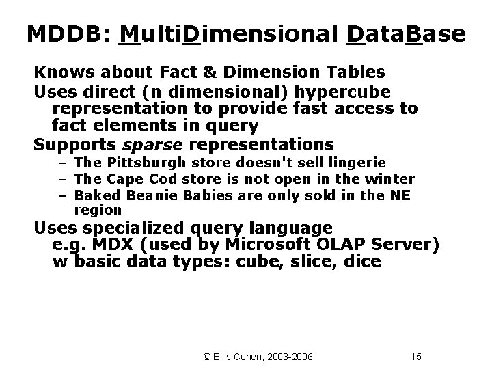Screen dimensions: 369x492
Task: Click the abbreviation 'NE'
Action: pos(402,195)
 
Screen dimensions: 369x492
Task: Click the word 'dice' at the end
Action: pos(363,262)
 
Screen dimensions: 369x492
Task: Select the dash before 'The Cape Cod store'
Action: pos(61,179)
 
